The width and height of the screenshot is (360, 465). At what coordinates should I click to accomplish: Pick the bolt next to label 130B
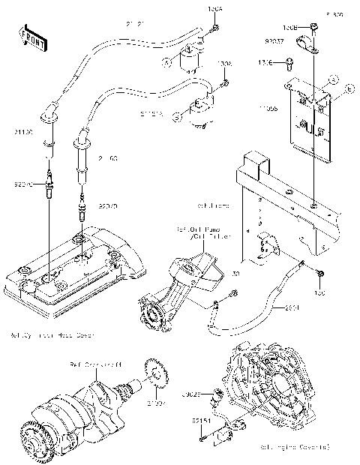(x=313, y=29)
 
